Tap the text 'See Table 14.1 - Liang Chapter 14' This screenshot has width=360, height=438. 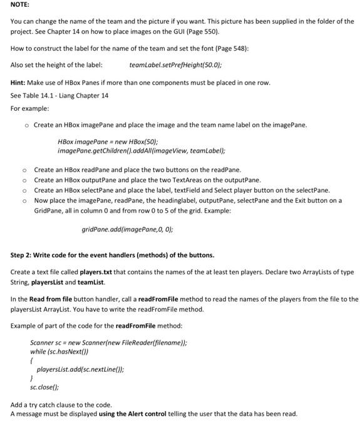[x=59, y=95]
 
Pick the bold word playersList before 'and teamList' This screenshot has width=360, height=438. [x=53, y=282]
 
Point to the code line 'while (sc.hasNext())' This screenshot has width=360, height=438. [x=60, y=352]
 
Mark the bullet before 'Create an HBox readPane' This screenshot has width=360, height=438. [x=24, y=170]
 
